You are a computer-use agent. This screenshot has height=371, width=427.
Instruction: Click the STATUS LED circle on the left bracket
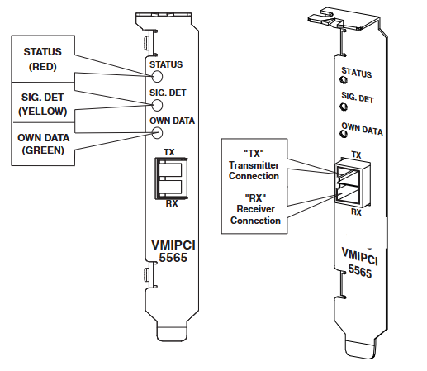pyautogui.click(x=157, y=76)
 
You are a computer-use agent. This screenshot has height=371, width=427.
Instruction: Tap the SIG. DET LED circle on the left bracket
pyautogui.click(x=157, y=105)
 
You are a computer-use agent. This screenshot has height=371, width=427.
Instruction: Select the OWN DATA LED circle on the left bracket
pyautogui.click(x=157, y=133)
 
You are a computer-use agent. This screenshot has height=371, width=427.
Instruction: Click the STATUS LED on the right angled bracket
pyautogui.click(x=344, y=79)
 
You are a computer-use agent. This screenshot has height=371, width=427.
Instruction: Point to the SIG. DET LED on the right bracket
pyautogui.click(x=344, y=107)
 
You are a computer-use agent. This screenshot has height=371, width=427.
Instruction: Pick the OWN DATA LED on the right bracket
pyautogui.click(x=344, y=134)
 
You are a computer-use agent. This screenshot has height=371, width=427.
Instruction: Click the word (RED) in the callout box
pyautogui.click(x=43, y=67)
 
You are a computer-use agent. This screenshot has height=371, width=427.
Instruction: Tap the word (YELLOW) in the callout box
pyautogui.click(x=43, y=112)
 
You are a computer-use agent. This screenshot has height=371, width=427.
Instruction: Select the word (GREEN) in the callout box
pyautogui.click(x=43, y=150)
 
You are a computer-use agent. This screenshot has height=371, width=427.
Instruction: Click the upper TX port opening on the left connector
pyautogui.click(x=170, y=170)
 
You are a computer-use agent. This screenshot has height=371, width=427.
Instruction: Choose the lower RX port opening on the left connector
pyautogui.click(x=170, y=187)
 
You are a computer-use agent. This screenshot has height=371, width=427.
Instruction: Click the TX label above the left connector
pyautogui.click(x=169, y=152)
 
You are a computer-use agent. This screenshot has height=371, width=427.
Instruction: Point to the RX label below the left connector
pyautogui.click(x=172, y=203)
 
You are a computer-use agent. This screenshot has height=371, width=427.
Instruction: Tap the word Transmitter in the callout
pyautogui.click(x=254, y=165)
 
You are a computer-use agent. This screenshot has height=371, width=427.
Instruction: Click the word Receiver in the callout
pyautogui.click(x=255, y=209)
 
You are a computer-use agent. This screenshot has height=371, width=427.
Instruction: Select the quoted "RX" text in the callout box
pyautogui.click(x=255, y=197)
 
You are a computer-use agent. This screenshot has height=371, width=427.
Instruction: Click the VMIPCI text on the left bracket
pyautogui.click(x=173, y=245)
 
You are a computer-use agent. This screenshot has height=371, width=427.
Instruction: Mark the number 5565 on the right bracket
pyautogui.click(x=360, y=271)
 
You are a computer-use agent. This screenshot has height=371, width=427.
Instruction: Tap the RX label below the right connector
pyautogui.click(x=356, y=212)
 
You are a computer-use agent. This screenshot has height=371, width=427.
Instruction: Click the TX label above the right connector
pyautogui.click(x=356, y=155)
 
